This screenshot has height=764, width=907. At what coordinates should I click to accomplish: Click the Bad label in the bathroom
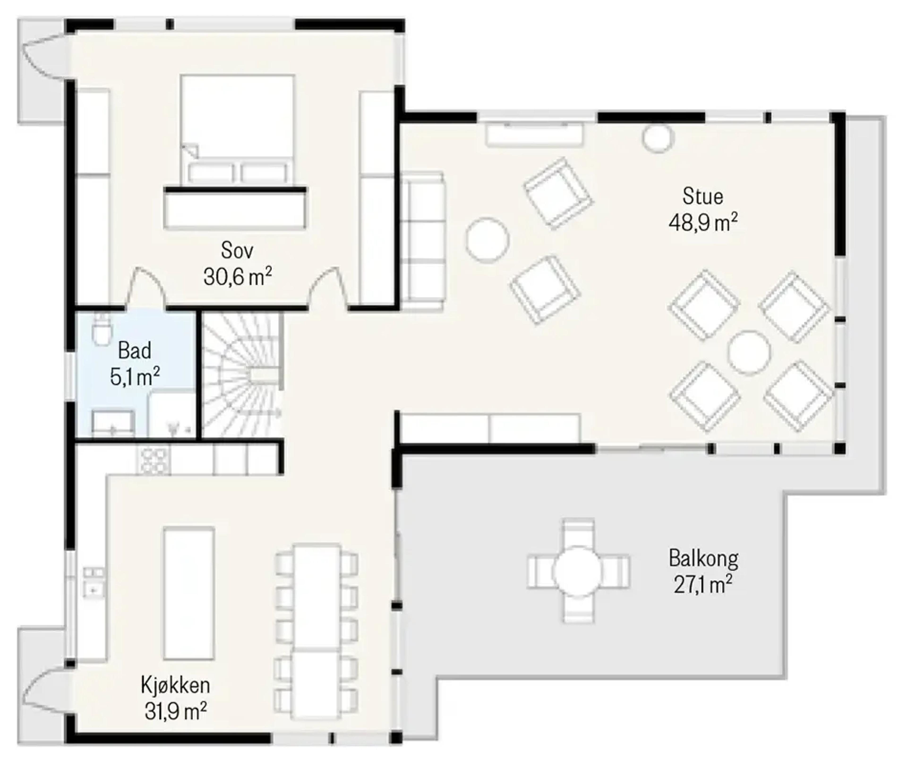135,350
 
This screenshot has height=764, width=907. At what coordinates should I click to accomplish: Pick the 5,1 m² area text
135,376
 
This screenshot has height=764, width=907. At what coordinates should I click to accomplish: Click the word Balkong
703,559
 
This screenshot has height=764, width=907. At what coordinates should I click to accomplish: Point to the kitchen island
189,594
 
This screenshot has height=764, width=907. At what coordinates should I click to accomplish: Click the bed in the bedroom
237,130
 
